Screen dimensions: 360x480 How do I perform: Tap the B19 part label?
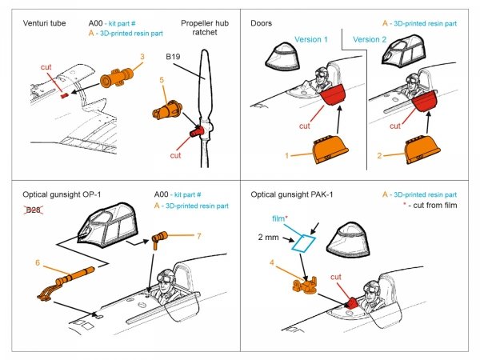pos(174,57)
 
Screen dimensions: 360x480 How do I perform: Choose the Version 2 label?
pos(371,39)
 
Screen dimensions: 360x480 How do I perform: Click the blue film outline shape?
pos(303,242)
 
